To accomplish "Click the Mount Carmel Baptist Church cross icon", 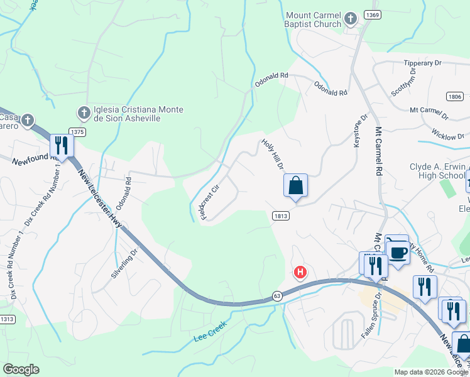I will tap(351, 19).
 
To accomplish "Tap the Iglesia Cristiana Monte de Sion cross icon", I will tap(83, 113).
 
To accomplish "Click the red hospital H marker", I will tap(300, 272).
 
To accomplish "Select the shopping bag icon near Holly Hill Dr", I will tap(295, 186).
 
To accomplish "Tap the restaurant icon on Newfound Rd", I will tap(62, 145).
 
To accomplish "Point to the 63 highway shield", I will tap(277, 295).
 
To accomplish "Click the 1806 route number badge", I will tap(456, 96).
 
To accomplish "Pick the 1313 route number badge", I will tap(6, 319).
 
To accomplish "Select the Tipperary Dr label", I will tap(424, 63).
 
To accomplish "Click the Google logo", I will tap(21, 369).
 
